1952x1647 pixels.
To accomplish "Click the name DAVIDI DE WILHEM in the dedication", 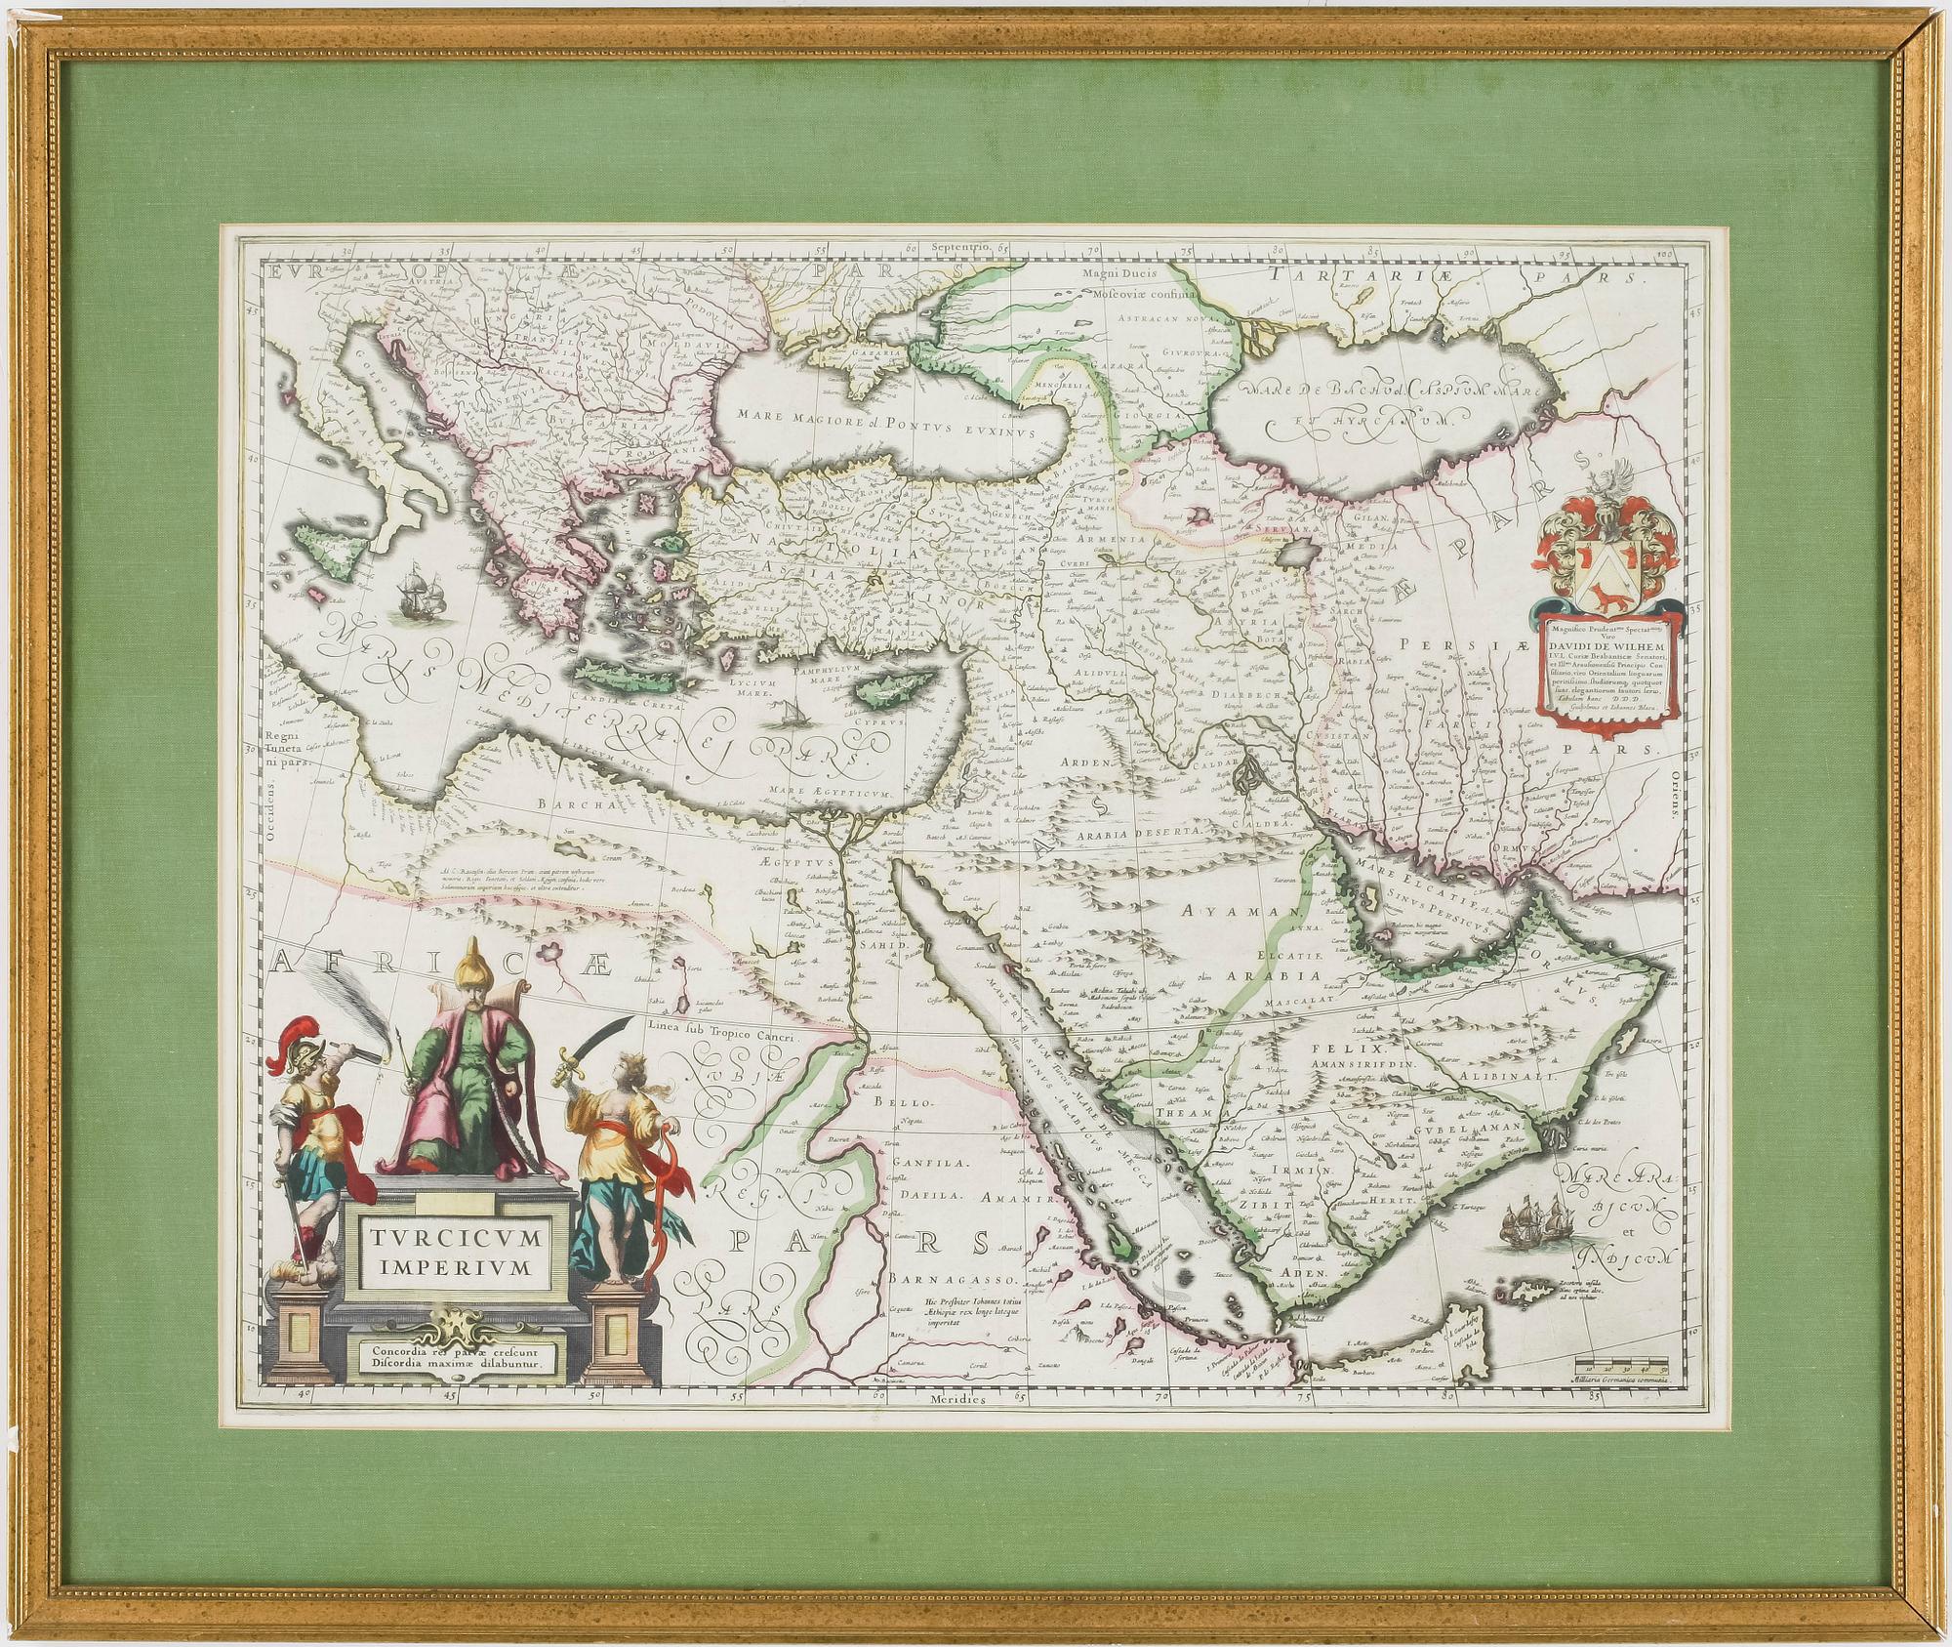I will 1620,645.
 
